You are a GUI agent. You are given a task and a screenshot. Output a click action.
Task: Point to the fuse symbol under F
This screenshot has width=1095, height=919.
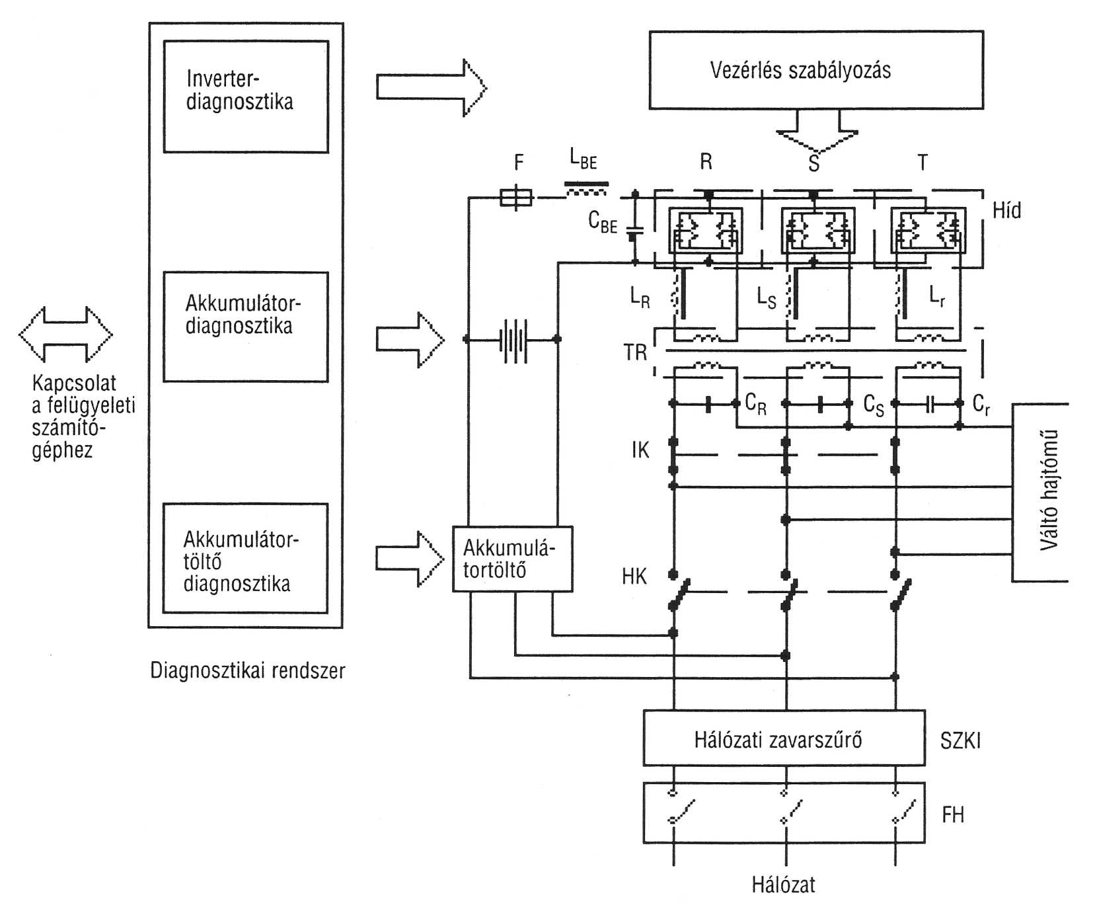[515, 197]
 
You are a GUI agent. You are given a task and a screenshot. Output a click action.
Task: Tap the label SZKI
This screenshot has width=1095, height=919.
[961, 741]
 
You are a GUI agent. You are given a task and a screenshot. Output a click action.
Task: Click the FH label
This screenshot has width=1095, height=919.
[953, 815]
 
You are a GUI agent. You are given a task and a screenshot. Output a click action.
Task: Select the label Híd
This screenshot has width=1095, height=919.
[1007, 210]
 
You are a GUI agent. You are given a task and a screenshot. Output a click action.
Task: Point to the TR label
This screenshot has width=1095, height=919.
[635, 352]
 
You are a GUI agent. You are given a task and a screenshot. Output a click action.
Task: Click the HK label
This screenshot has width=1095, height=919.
[634, 577]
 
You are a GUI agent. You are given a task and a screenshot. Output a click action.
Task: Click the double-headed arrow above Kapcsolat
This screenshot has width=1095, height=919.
[65, 335]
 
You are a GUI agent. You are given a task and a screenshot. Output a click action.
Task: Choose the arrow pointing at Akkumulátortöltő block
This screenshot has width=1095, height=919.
[410, 559]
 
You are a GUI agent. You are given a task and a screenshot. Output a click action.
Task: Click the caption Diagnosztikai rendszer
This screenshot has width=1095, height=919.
[248, 671]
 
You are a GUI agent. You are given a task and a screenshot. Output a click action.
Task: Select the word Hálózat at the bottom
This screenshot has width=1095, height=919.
[783, 885]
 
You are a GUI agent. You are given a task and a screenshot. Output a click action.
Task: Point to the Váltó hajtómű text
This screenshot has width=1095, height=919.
[1049, 491]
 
